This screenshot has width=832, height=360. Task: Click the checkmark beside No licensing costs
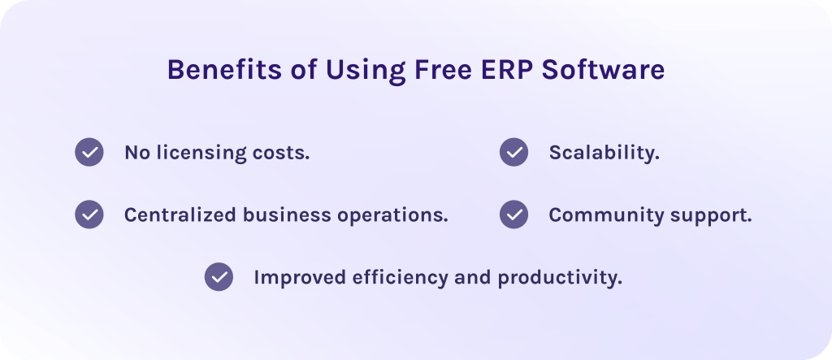click(x=89, y=152)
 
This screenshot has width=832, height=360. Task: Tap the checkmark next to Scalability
click(x=513, y=152)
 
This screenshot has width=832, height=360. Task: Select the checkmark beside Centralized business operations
click(x=89, y=215)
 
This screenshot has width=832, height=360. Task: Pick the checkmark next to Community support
click(x=513, y=215)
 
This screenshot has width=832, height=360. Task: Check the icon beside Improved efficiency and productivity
click(x=219, y=276)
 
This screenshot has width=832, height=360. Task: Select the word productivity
click(x=560, y=278)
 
